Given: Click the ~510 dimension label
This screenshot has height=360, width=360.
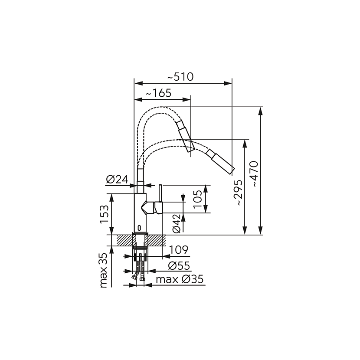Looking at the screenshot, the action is click(180, 77).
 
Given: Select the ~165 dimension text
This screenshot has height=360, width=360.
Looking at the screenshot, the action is click(159, 93).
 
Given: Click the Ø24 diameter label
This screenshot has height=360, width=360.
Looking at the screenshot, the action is click(117, 179).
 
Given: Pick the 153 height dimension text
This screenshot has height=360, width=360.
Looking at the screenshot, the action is click(104, 214).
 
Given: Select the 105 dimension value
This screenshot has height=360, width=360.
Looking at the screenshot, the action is click(198, 199).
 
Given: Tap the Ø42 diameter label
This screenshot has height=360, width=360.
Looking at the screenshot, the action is click(177, 223).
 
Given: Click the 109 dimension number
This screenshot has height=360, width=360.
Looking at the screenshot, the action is click(179, 249).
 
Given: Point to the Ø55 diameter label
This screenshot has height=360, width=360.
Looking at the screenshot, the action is click(179, 265).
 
